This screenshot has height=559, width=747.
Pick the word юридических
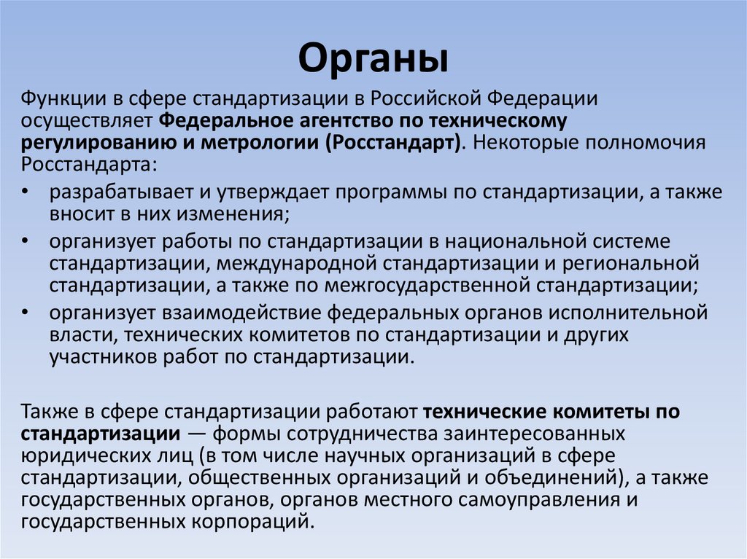tap(80, 456)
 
